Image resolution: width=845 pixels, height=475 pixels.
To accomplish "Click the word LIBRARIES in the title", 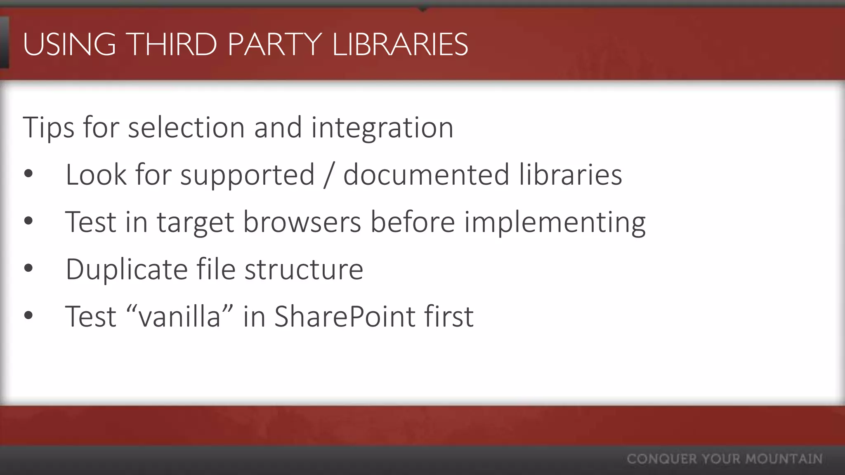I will pos(400,44).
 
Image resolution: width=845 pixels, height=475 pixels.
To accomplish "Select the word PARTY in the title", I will pos(274,44).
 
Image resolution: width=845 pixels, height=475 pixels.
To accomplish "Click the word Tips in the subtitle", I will pos(48,127).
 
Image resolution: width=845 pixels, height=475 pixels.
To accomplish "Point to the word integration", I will pos(382,128).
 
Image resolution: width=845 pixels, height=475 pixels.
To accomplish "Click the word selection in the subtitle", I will pos(186,127).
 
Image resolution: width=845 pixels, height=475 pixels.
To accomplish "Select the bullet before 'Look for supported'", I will pos(28,174).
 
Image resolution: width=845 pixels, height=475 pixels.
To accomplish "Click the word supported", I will pos(247,175).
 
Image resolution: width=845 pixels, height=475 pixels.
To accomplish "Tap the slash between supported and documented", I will pos(328,175).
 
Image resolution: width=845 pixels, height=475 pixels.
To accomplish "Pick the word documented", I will pos(426,174).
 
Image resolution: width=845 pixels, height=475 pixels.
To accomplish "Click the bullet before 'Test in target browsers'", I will pos(28,221).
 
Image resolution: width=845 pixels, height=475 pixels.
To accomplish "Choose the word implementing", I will pos(555,223).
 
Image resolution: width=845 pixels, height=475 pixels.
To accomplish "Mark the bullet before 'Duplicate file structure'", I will pos(28,268).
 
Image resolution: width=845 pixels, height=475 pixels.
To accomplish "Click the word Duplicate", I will pos(126,270).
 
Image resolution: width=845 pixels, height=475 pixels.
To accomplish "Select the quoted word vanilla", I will pos(179,317).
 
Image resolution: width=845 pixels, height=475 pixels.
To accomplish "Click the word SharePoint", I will pos(345,317).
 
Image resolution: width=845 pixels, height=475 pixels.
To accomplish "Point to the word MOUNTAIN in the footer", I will pos(784,459).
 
